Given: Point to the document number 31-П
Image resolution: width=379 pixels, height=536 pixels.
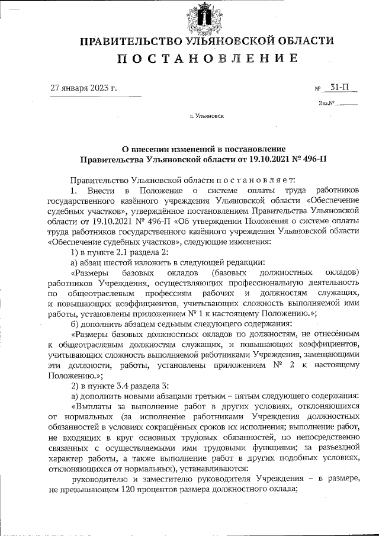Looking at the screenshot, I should tap(339, 88).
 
